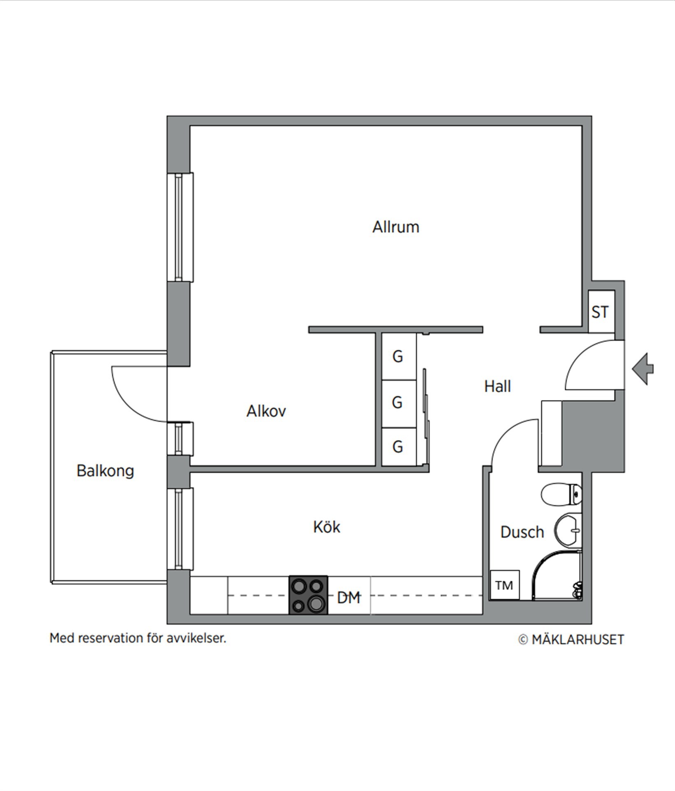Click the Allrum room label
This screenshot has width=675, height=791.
[x=396, y=227]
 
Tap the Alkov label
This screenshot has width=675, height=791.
[x=266, y=411]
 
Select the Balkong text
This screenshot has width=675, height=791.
[x=105, y=471]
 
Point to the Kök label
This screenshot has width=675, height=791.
[x=326, y=527]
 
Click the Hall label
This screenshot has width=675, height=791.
[x=497, y=386]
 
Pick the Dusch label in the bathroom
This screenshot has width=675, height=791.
[x=522, y=532]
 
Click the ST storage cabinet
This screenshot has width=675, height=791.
[x=601, y=312]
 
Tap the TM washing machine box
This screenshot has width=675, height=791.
[x=505, y=585]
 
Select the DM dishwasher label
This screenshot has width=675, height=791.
[x=349, y=598]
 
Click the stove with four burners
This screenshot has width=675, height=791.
[x=308, y=595]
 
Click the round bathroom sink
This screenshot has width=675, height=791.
[x=568, y=530]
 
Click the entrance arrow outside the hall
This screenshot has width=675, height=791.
[x=643, y=369]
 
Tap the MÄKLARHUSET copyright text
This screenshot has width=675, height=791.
[x=571, y=639]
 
